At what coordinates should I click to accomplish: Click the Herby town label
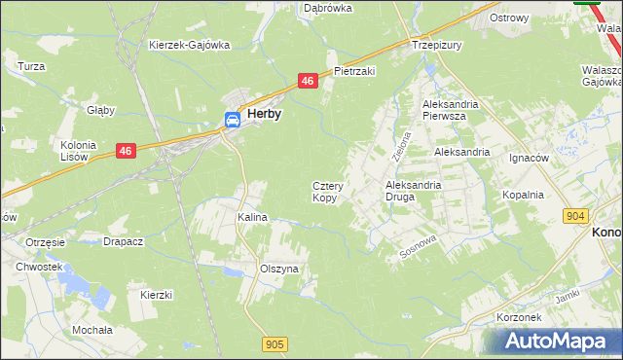click(265, 114)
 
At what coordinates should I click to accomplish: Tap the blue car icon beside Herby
click(233, 120)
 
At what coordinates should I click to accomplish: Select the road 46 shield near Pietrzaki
click(307, 82)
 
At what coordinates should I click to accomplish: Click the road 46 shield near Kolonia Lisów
click(125, 151)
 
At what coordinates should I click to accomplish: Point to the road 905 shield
click(275, 343)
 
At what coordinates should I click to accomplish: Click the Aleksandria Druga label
click(414, 190)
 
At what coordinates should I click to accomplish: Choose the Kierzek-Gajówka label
click(189, 45)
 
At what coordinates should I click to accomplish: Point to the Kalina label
click(252, 218)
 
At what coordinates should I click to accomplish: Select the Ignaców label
click(530, 157)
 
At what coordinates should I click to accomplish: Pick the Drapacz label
click(124, 241)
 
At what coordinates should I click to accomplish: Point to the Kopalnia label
click(523, 195)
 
